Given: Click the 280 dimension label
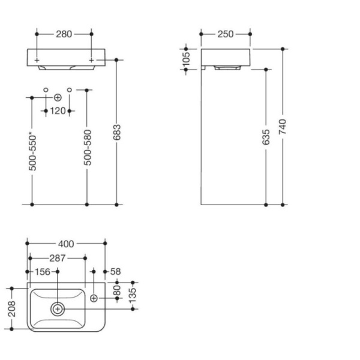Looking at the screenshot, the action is coord(64,34).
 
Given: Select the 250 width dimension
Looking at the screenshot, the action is coord(226,34).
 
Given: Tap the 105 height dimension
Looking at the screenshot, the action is coord(187,59).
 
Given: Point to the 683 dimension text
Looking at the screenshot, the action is coord(116,132).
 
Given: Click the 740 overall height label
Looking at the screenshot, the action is coord(283,127).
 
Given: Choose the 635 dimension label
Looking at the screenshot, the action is coord(266,137).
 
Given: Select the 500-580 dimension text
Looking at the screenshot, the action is coord(87,148).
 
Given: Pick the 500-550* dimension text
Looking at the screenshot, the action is coord(32,153).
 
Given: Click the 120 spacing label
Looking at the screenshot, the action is coord(58,111).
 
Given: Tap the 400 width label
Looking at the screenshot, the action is coord(66,244).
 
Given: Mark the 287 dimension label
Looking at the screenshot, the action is coord(58,258).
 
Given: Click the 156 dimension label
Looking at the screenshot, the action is coord(43,272).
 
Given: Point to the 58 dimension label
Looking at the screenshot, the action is coord(115,272).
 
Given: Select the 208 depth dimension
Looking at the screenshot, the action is coord(12,309).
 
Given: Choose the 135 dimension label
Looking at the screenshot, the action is coord(133,295).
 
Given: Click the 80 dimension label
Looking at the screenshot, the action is coord(117,290).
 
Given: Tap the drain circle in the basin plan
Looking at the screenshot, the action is coord(58,309).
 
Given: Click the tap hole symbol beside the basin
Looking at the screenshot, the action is coord(94,298).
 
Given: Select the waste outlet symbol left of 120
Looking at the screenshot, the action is coord(58,98).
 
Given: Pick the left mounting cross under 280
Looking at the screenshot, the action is coord(37,60).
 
